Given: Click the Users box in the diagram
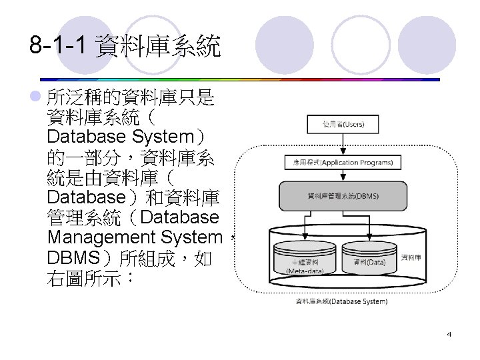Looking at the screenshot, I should point(343,124).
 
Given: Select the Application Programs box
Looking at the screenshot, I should point(343,162).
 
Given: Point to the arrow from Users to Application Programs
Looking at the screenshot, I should point(343,143).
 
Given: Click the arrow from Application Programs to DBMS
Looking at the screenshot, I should point(343,175).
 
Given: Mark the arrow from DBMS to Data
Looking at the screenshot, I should point(371,227).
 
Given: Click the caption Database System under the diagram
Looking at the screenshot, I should point(341,301).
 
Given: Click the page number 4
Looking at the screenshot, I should point(449,333).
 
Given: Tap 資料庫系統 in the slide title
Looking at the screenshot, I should point(157,46).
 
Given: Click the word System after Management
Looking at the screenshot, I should point(191,237).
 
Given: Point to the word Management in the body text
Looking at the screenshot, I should point(100,237).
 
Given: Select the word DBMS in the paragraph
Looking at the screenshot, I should point(73,257).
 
